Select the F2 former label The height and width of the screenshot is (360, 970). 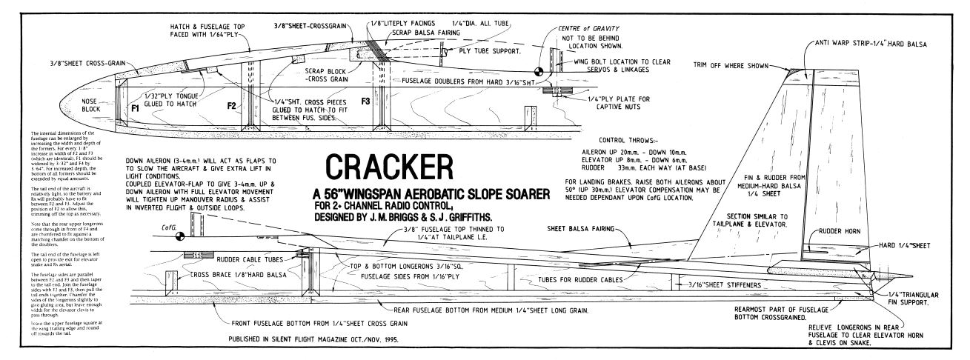[x=232, y=107]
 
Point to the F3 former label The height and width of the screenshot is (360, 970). [x=365, y=100]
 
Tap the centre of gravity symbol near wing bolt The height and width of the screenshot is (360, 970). [x=538, y=73]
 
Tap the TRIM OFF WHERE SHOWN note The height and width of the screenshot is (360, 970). [x=733, y=64]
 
